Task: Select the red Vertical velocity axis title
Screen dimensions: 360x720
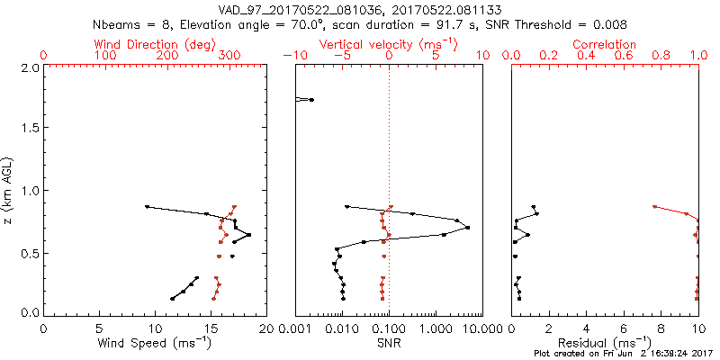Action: coord(389,44)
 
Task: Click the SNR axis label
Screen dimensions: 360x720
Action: coord(389,343)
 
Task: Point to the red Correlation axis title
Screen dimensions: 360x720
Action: coord(605,44)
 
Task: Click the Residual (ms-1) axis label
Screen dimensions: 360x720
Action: coord(605,343)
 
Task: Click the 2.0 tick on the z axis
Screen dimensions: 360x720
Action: coord(28,67)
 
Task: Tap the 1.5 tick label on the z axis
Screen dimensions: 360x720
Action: coord(28,129)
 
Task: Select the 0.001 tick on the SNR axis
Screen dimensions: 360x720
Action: coord(295,328)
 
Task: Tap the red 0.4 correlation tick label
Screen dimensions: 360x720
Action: coord(587,56)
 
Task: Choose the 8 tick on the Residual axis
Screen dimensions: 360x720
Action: coord(661,328)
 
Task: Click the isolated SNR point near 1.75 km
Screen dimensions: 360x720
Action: coord(311,99)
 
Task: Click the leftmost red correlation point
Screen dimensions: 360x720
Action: coord(654,206)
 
